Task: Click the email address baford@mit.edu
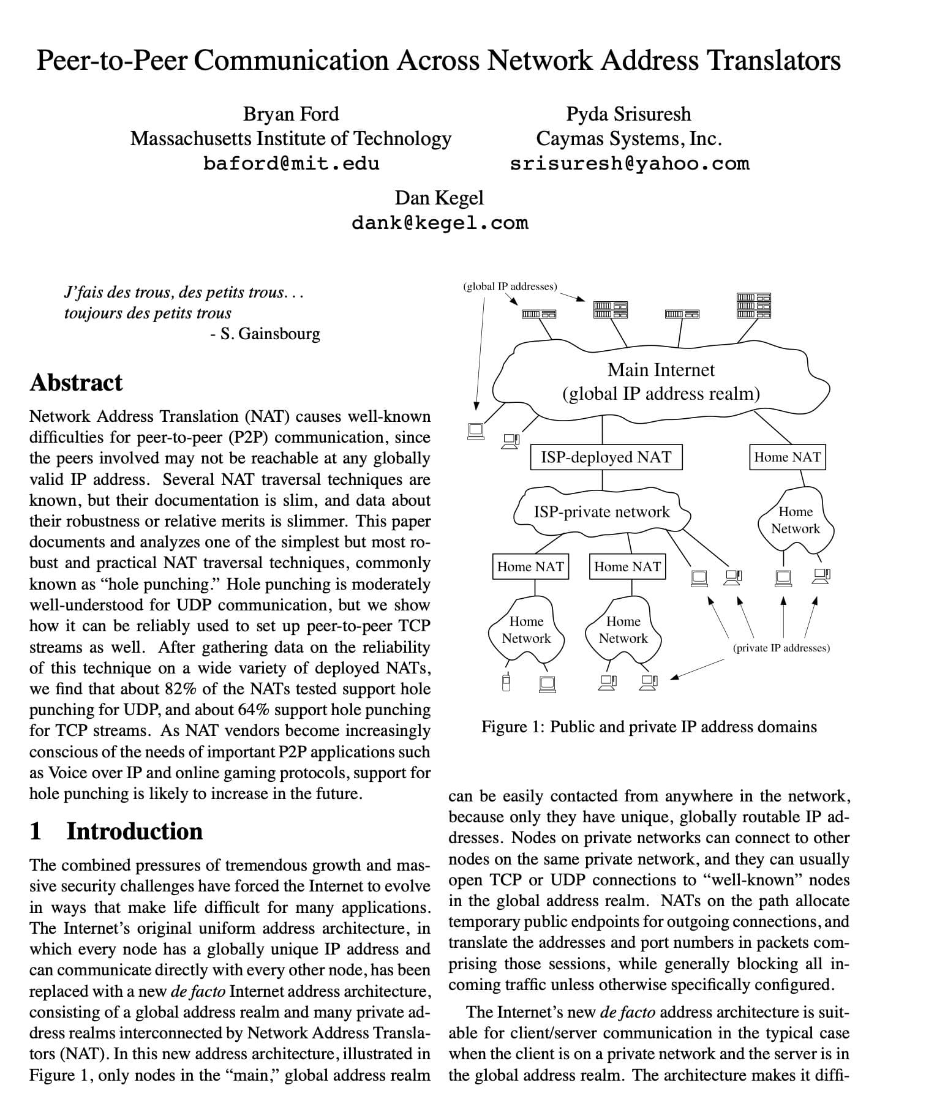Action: pos(291,163)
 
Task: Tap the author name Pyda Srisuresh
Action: pos(628,114)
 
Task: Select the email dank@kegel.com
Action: pos(439,222)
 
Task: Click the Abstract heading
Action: pos(76,383)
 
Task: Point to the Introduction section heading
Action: pos(134,831)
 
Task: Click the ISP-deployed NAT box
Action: pos(606,457)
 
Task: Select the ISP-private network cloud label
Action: pos(601,512)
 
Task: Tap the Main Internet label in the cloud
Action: pos(661,370)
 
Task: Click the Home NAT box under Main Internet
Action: pos(787,457)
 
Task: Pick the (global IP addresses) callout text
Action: pos(510,286)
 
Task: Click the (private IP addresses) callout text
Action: pos(781,648)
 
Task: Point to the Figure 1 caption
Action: pos(649,727)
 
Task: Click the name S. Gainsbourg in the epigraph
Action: pos(269,334)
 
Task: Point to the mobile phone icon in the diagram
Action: pos(506,682)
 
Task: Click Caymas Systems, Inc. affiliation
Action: pos(628,139)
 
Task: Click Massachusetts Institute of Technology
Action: pos(291,139)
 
